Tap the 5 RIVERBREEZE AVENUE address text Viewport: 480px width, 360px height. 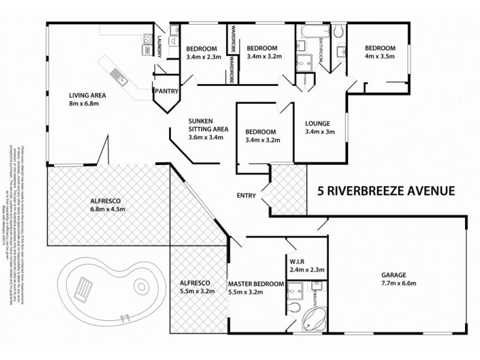[x=385, y=191]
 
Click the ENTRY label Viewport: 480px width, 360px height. [x=246, y=196]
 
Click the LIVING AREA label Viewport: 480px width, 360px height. [x=88, y=95]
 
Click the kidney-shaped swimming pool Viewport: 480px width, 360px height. [x=108, y=288]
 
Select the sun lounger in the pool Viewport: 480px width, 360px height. [x=83, y=290]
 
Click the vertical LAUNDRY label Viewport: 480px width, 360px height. [x=159, y=47]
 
